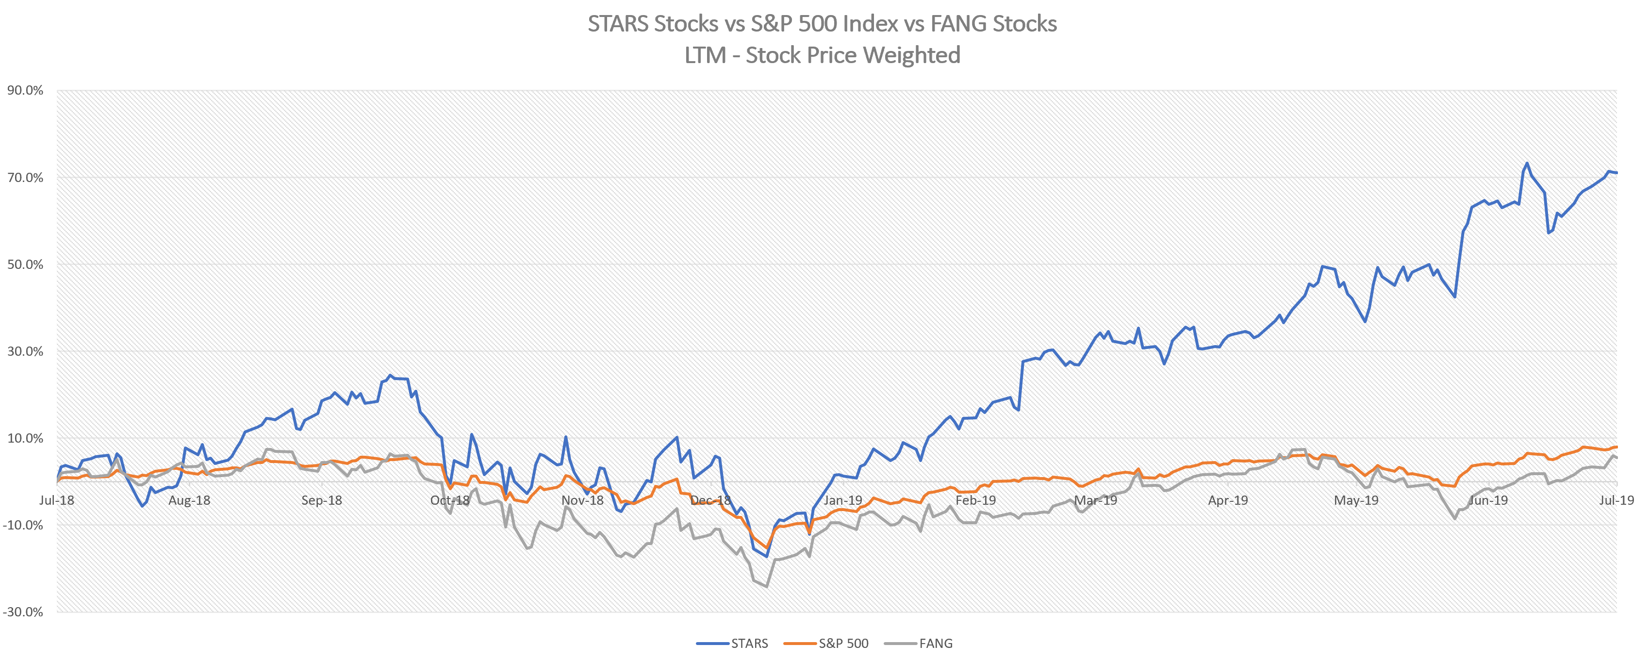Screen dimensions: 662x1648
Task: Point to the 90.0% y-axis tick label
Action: coord(26,90)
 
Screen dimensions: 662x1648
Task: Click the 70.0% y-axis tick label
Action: coord(26,178)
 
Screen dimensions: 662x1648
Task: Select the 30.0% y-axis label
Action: coord(26,351)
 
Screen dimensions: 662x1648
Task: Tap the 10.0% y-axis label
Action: coord(26,438)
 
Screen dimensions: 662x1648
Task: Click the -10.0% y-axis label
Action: coord(24,525)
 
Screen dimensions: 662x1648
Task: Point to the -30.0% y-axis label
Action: coord(24,612)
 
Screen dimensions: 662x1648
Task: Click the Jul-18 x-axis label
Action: coord(56,500)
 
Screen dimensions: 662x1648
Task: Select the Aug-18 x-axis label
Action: coord(189,500)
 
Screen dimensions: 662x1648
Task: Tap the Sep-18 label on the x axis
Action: coord(322,500)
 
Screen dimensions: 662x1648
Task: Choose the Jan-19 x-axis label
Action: coord(843,500)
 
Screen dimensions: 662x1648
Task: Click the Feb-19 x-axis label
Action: coord(975,500)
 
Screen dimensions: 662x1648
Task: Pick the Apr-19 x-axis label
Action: coord(1228,500)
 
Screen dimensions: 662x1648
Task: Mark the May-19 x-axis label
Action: coord(1356,500)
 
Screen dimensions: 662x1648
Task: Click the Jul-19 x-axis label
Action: coord(1616,500)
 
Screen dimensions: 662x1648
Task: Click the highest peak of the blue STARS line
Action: coord(1527,163)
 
